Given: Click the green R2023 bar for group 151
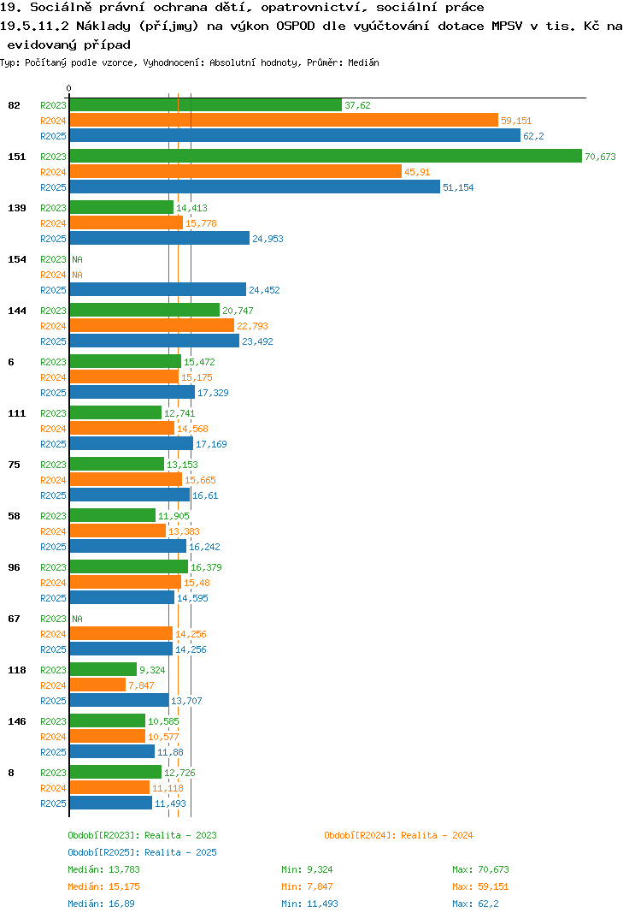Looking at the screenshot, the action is (x=326, y=156).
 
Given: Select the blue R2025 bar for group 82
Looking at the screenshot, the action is (x=295, y=135).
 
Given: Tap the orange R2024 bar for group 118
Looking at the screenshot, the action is (x=97, y=685).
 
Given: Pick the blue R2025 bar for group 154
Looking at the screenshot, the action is (x=158, y=289).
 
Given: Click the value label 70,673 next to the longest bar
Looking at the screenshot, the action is (x=600, y=157).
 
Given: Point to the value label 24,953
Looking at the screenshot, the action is (x=268, y=239).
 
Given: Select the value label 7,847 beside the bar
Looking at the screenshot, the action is (x=141, y=685).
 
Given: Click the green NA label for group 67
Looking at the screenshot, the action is (x=77, y=619).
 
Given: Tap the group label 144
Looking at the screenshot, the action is (x=17, y=311).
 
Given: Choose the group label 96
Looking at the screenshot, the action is (x=14, y=567).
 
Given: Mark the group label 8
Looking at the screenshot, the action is (x=11, y=773).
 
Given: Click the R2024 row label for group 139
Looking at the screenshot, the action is (x=53, y=223).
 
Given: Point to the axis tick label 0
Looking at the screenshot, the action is (x=69, y=88).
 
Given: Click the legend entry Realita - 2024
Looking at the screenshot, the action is (x=398, y=835).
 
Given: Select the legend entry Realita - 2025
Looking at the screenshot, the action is (x=142, y=852).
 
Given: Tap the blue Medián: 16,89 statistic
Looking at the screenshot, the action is (x=101, y=904).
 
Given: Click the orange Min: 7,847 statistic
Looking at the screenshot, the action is (x=307, y=886).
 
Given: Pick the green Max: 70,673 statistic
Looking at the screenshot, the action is (x=480, y=869).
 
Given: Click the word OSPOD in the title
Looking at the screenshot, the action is (x=296, y=26).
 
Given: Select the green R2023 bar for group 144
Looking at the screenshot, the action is (x=144, y=310).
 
